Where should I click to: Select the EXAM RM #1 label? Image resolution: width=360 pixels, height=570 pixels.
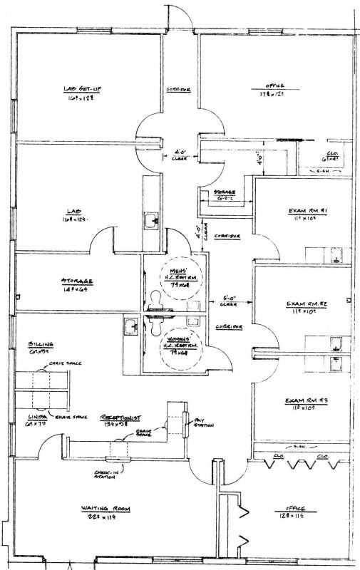coord(307,212)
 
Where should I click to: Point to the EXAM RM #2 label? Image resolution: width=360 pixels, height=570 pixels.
coord(307,304)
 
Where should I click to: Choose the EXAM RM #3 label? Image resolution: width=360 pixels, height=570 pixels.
coord(305,400)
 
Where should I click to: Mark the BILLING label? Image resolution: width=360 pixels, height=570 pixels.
coord(39,343)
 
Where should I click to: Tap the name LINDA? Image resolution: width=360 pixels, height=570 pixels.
coord(38,415)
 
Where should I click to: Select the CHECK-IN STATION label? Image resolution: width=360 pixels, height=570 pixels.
coord(106,473)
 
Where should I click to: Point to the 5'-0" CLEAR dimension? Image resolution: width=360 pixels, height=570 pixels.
coord(228,301)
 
